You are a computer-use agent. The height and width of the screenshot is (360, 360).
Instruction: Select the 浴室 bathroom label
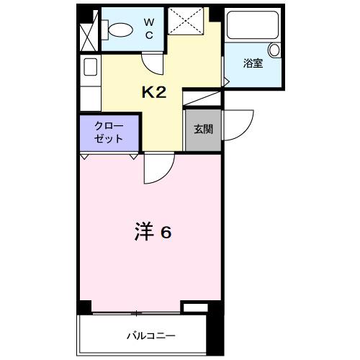[x=252, y=63]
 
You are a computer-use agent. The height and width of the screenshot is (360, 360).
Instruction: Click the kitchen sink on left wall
[x=91, y=67]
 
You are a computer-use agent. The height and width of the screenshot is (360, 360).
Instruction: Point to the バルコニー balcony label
[x=152, y=336]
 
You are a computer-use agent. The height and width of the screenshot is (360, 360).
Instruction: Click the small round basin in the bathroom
[x=274, y=50]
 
